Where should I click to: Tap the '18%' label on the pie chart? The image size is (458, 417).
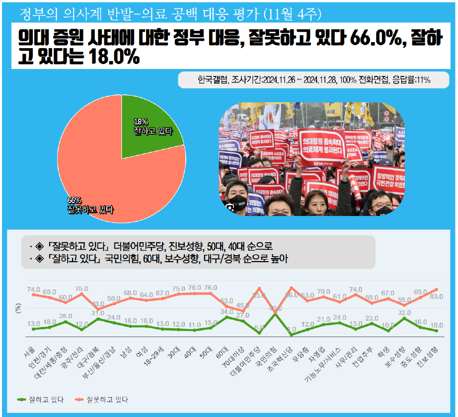tap(141, 122)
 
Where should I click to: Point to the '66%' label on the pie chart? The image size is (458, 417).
tap(75, 200)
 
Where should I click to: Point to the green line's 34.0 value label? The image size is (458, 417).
tap(227, 312)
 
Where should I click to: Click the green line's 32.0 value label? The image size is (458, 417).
tap(405, 313)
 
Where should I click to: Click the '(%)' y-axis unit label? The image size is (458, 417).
tap(18, 308)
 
